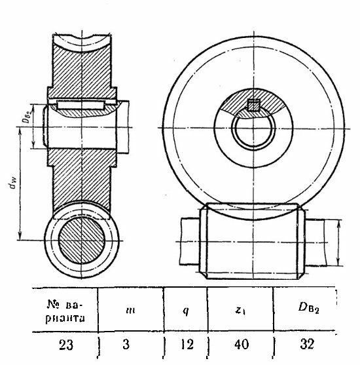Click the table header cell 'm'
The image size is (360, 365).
point(130,311)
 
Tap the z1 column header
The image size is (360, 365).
point(240,311)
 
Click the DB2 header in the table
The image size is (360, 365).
point(308,308)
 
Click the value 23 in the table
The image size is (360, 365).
point(66,345)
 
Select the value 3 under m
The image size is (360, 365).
point(126,345)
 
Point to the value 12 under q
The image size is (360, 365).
point(187,345)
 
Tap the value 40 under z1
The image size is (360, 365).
point(242,345)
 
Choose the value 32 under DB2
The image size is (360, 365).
point(307,344)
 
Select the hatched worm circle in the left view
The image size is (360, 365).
point(81,240)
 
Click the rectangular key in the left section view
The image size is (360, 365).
point(81,105)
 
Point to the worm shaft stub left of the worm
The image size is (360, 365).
point(190,241)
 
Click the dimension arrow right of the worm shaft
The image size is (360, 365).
point(338,242)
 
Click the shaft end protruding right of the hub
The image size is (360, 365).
point(122,127)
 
